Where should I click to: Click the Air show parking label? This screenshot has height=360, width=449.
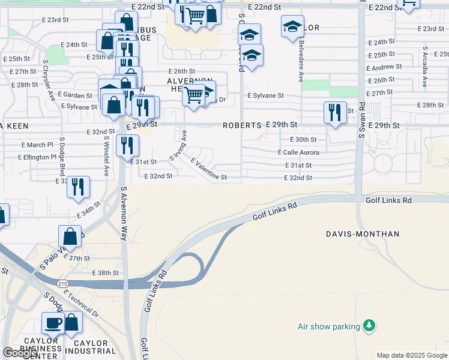(328, 326)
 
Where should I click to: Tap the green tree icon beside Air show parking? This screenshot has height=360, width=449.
(370, 326)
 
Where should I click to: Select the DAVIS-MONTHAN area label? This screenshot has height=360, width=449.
(362, 233)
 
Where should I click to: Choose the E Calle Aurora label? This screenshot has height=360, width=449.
(298, 152)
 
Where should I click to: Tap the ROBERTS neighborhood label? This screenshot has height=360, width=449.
(242, 126)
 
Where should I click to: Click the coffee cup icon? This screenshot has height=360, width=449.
(53, 323)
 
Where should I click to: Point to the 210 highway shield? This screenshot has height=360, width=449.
(64, 283)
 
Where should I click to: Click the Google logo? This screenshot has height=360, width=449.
(20, 353)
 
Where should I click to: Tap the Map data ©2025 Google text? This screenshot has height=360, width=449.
(412, 355)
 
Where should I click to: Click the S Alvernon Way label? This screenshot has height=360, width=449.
(125, 214)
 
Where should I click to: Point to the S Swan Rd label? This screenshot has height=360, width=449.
(362, 120)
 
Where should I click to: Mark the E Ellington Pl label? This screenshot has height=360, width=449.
(37, 157)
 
